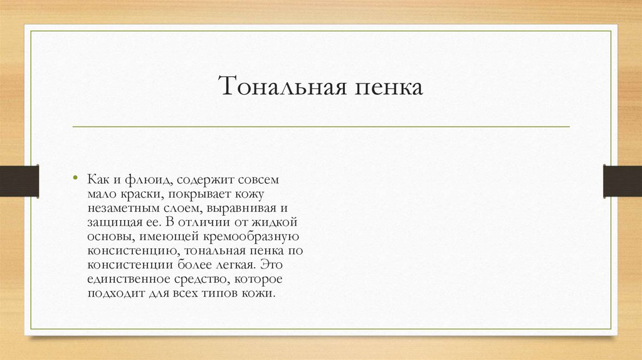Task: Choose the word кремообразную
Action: tap(253, 237)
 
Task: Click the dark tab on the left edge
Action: tap(19, 180)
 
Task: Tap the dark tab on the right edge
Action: tap(623, 180)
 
